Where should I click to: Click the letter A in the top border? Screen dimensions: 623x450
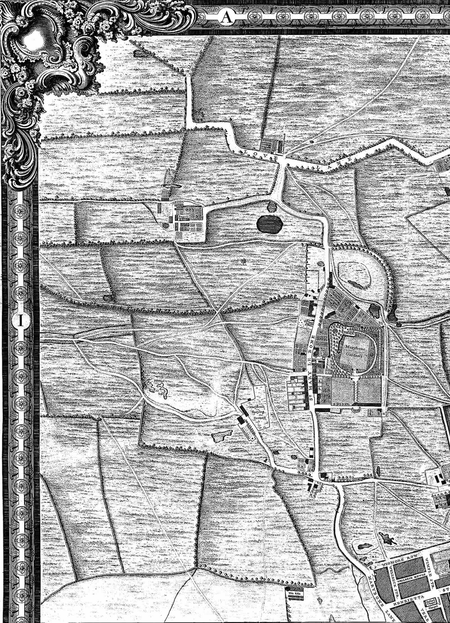point(226,17)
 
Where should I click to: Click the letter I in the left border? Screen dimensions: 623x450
point(20,320)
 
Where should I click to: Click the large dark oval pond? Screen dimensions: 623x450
point(269,224)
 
